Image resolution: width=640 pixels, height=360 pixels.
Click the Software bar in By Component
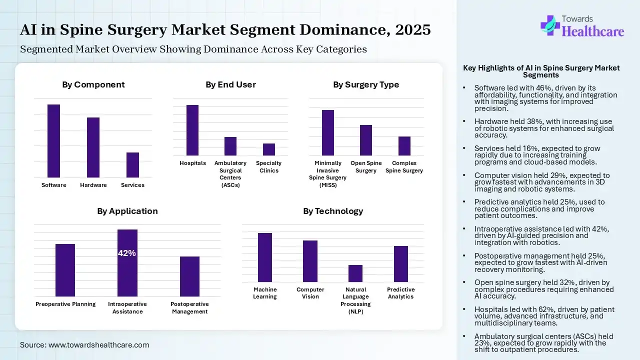point(53,141)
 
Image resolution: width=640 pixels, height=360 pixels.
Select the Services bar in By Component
point(132,165)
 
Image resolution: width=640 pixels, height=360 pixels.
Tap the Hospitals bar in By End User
point(192,130)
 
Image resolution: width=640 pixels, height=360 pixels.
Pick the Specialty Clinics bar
point(269,149)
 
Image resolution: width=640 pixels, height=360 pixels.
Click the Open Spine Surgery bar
point(366,140)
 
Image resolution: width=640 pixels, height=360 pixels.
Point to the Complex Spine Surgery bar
point(404,146)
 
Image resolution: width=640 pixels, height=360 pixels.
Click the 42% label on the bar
point(127,253)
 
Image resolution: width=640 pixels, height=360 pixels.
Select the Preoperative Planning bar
point(65,270)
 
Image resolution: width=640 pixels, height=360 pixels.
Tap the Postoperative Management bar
point(189,276)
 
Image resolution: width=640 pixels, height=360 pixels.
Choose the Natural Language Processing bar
point(355,273)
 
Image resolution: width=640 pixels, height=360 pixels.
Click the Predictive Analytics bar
point(401,264)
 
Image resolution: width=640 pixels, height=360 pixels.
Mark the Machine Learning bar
point(265,257)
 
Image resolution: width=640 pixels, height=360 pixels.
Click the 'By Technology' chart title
point(333,211)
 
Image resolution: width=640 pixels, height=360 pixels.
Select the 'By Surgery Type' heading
point(366,84)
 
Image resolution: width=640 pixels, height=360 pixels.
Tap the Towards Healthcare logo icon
point(550,25)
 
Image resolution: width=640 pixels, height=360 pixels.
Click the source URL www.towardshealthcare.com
point(99,345)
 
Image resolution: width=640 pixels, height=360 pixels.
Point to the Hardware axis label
point(93,185)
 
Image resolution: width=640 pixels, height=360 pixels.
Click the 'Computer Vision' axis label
point(310,293)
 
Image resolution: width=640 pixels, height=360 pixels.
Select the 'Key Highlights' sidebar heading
point(541,71)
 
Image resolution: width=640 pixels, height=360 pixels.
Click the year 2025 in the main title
point(412,29)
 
